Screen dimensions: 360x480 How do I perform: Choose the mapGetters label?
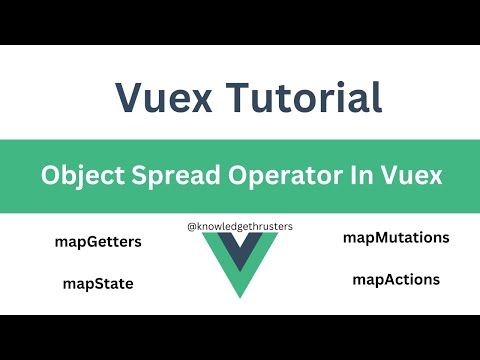[x=99, y=242]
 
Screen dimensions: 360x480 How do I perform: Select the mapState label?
[x=97, y=284]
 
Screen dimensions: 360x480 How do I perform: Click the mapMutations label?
[x=396, y=238]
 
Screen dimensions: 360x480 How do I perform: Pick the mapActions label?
[x=396, y=280]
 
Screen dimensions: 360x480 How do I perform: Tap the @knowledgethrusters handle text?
[x=239, y=227]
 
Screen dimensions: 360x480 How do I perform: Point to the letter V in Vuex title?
[x=129, y=97]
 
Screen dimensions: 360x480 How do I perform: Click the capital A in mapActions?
[x=388, y=280]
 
